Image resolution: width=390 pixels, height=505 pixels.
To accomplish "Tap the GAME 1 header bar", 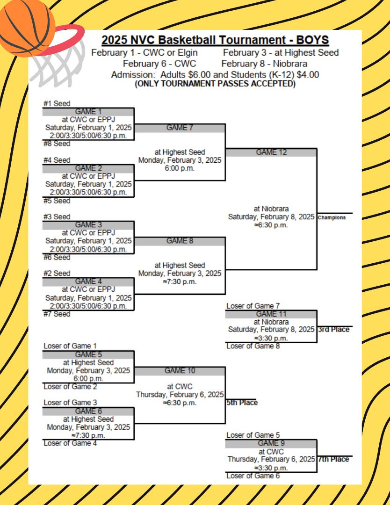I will (x=88, y=112).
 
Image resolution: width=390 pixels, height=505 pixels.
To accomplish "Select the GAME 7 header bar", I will (x=180, y=128).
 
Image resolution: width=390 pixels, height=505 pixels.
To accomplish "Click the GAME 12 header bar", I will (x=271, y=152).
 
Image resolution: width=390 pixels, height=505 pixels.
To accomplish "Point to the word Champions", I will (x=332, y=217).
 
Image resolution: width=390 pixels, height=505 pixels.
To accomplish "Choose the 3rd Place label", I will (x=334, y=330).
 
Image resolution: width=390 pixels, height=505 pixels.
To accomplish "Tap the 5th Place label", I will (x=242, y=403).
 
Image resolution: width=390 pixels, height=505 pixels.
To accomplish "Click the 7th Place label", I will (x=334, y=459).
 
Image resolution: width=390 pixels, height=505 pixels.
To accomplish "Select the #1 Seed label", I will (x=57, y=104).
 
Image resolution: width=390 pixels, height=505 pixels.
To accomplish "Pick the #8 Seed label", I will (x=57, y=144).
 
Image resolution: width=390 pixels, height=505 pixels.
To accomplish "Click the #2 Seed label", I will (x=57, y=274).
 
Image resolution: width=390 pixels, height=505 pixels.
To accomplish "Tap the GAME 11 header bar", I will (x=271, y=314).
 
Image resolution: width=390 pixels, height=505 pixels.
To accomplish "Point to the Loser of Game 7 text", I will (x=253, y=306).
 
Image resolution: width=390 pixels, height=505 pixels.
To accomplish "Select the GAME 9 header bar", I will (x=271, y=443).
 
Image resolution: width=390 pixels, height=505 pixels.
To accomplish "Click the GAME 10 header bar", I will (x=180, y=371).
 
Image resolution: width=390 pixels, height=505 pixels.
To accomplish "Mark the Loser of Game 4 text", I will (x=70, y=443).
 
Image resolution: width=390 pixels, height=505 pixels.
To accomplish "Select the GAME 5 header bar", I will (x=88, y=354).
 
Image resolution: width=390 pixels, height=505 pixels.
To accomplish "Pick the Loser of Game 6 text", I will (x=253, y=476).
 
